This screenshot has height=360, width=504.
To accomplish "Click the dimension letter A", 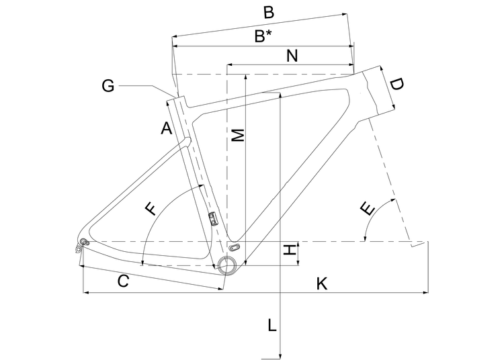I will [x=167, y=128].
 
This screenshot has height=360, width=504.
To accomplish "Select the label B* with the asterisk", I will [x=263, y=36].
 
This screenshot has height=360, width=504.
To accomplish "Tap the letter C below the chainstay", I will [x=123, y=282].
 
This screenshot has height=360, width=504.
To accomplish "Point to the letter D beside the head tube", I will [x=397, y=85].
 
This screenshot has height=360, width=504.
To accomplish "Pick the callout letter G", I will [x=108, y=85].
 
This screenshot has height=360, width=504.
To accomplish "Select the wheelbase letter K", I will [x=322, y=284].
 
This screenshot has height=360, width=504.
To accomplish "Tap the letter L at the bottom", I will [x=271, y=326].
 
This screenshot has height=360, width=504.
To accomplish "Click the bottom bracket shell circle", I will [x=226, y=265].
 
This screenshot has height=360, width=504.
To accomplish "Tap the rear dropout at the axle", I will [x=84, y=241].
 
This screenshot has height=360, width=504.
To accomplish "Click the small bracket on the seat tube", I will [x=214, y=218].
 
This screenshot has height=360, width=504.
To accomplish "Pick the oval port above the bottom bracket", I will [x=235, y=247].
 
